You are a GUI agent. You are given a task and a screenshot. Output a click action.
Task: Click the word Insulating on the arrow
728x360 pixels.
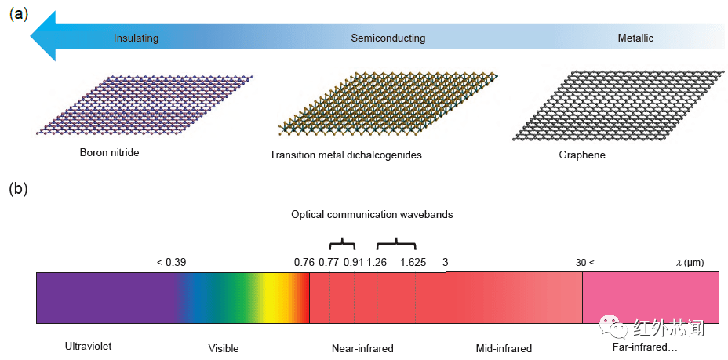coord(136,38)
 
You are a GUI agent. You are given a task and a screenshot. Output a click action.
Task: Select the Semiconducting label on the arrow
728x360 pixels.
coord(388,38)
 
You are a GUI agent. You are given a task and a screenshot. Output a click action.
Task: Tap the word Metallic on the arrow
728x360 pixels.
coord(635,38)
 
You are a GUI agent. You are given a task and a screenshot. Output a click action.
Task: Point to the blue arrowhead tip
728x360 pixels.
coord(31,36)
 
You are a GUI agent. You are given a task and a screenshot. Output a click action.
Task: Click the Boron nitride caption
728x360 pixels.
coord(109,152)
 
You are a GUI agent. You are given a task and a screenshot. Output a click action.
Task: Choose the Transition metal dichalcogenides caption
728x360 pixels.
coord(345,155)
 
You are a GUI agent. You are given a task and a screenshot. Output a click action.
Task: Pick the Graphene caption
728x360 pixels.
coord(582,155)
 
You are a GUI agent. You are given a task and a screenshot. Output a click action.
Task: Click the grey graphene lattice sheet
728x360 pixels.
coord(619,105)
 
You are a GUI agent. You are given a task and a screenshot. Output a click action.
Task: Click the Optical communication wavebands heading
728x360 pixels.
coord(372,215)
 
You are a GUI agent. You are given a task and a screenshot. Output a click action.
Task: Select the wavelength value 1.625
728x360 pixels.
coord(413,263)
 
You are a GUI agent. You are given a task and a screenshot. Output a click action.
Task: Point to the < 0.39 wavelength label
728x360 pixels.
coord(171,263)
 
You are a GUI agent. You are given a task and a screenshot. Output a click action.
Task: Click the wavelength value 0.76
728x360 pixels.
coord(304,263)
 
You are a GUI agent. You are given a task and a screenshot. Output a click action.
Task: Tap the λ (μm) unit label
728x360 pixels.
coord(690,263)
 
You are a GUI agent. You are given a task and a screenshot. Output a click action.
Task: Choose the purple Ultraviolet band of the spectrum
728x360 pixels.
coord(104,298)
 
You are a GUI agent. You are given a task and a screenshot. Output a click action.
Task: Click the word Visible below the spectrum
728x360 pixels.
coord(224,348)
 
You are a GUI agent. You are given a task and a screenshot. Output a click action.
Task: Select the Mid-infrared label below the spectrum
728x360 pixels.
coord(504,348)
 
